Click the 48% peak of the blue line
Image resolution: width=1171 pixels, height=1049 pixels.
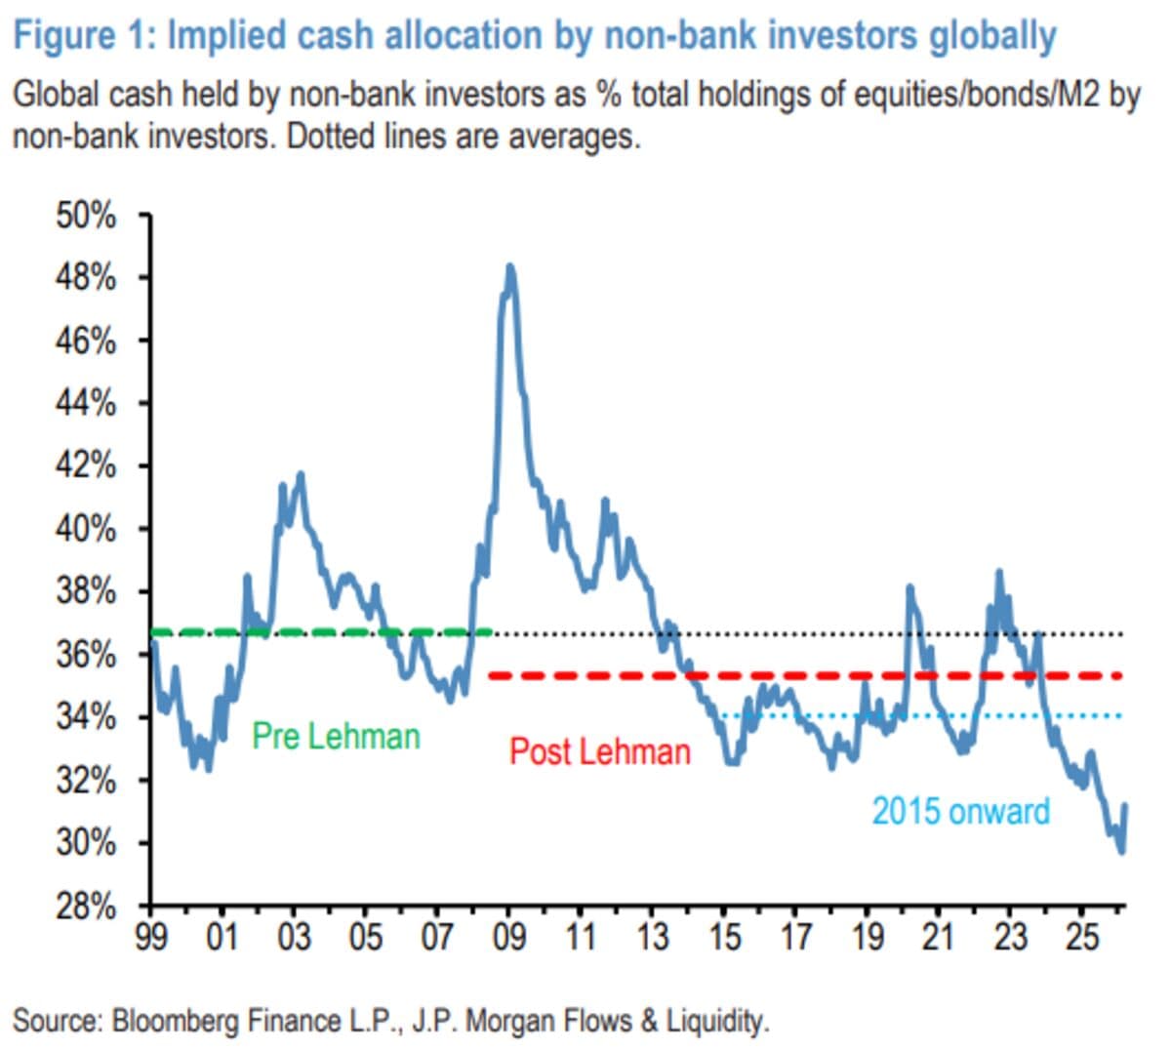[x=509, y=267]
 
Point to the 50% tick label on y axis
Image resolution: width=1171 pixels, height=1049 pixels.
[x=86, y=216]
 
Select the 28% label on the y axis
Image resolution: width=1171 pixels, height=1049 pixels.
[x=86, y=907]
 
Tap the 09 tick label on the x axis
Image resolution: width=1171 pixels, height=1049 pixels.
[x=508, y=937]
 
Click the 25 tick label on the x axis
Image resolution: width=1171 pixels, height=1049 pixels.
[x=1081, y=937]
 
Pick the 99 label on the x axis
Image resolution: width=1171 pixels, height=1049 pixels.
[x=150, y=937]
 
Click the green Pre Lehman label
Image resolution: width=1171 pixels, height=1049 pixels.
[x=336, y=736]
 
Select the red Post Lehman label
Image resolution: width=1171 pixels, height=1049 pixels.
[x=599, y=751]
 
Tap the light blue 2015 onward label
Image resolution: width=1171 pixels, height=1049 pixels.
[x=960, y=811]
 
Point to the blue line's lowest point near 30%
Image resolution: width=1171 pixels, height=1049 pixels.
[x=1121, y=851]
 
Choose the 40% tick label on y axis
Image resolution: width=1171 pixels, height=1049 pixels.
[x=86, y=530]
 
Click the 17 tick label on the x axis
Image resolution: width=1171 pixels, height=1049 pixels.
[x=795, y=937]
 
